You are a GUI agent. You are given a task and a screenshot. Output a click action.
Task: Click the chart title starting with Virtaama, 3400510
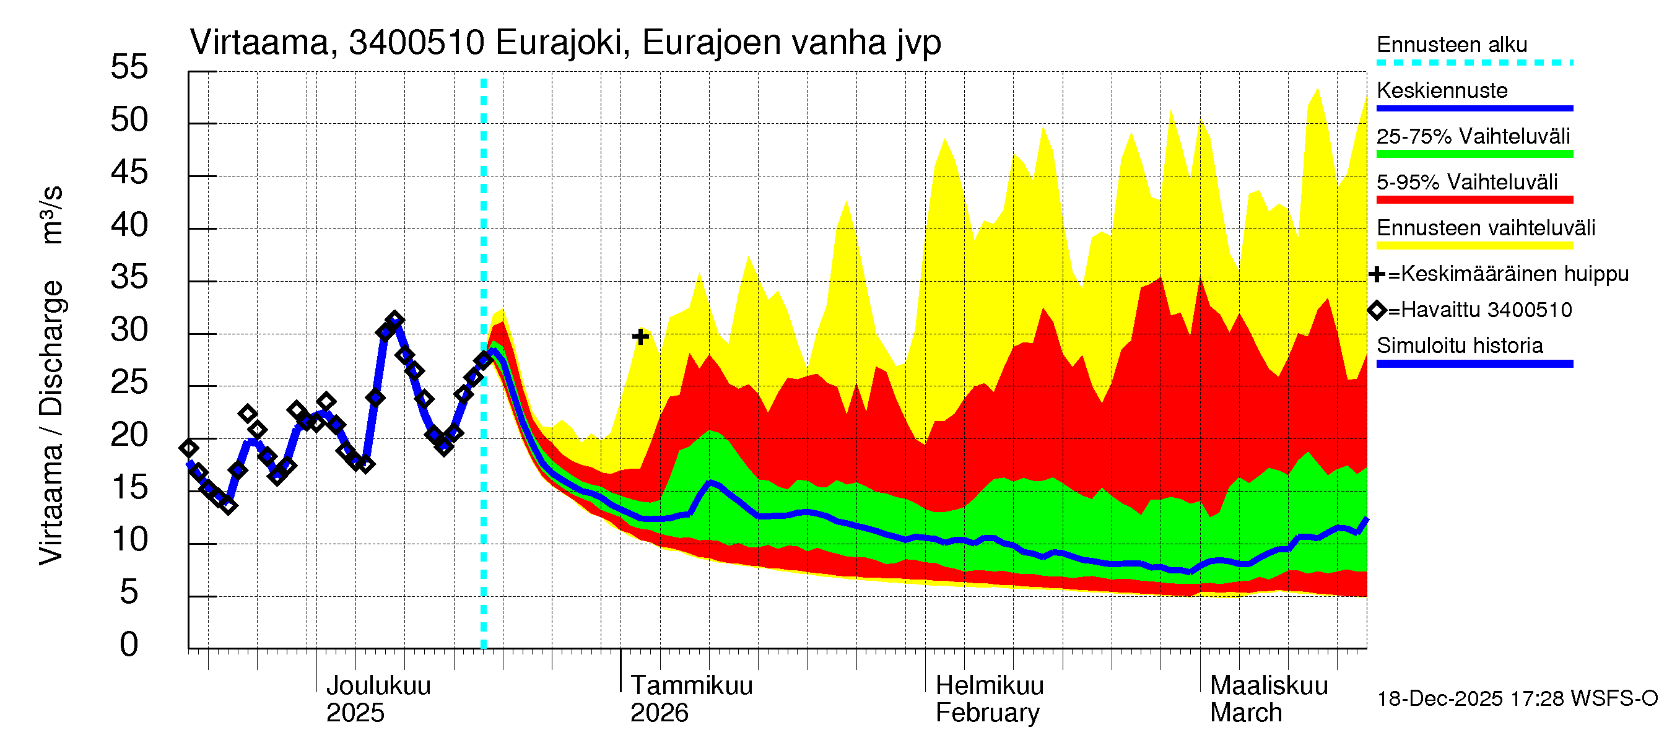[x=565, y=43]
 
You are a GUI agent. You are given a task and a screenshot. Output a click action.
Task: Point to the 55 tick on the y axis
[x=129, y=67]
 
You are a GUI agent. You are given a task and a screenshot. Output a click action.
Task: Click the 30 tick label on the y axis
[x=129, y=330]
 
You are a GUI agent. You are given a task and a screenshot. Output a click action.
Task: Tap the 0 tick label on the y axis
[x=129, y=645]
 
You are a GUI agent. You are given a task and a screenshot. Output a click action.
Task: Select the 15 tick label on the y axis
[x=129, y=488]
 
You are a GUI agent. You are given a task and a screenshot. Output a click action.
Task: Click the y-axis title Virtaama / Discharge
[x=51, y=422]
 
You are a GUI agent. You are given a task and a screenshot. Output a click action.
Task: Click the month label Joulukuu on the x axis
[x=378, y=685]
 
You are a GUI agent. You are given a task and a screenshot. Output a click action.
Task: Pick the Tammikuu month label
[x=691, y=685]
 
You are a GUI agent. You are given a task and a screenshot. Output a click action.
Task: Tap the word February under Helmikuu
[x=986, y=713]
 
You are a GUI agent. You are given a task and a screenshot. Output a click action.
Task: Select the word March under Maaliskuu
[x=1245, y=713]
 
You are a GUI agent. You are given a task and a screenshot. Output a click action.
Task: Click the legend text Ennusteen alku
[x=1452, y=45]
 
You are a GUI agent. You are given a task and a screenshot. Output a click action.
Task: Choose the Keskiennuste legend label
[x=1442, y=90]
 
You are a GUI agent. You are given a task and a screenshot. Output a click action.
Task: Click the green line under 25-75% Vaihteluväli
[x=1474, y=154]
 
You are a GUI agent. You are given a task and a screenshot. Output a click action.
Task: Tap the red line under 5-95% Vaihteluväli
[x=1474, y=200]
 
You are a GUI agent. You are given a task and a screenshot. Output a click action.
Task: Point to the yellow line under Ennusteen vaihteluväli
[x=1474, y=246]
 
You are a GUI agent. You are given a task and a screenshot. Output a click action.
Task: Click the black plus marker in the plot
[x=641, y=337]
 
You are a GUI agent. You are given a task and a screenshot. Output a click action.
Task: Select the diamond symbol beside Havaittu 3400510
[x=1377, y=310]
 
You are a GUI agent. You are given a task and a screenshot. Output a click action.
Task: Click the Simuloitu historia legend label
[x=1459, y=345]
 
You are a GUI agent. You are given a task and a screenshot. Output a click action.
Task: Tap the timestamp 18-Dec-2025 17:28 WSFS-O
[x=1517, y=699]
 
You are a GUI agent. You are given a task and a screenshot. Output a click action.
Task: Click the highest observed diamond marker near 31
[x=394, y=320]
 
